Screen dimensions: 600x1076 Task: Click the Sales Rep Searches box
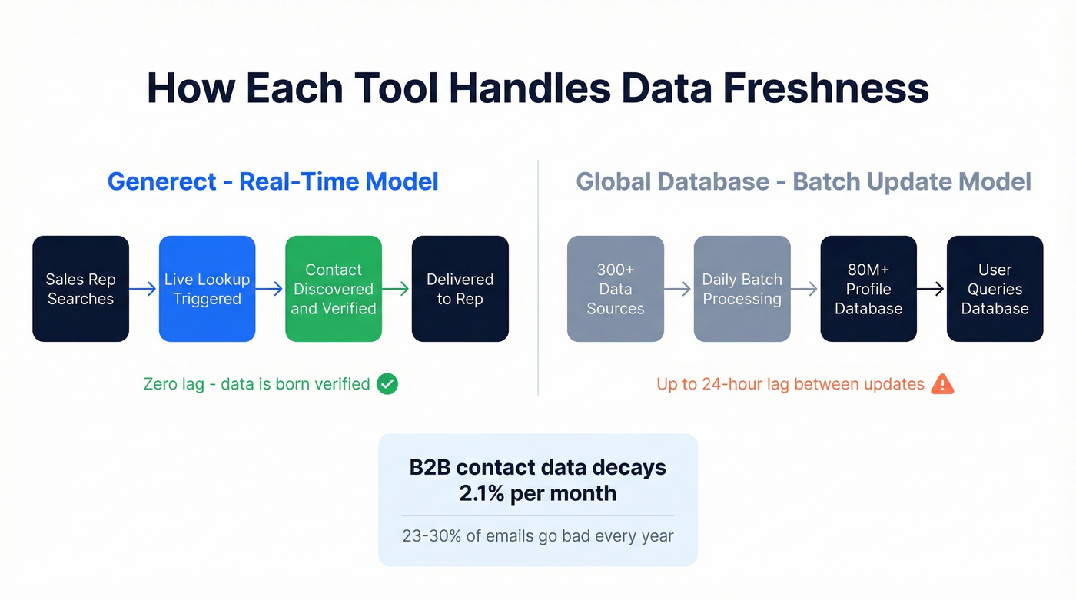(81, 289)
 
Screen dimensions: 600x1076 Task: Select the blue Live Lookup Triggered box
(207, 289)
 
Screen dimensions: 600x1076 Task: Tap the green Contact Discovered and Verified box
(334, 289)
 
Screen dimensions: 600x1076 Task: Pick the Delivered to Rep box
(460, 289)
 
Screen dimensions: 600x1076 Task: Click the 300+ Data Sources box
(615, 289)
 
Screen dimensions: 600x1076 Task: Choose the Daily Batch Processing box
(742, 289)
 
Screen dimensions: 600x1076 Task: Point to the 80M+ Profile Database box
(868, 289)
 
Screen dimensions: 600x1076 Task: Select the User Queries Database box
(995, 289)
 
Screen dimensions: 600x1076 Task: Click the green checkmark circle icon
(387, 383)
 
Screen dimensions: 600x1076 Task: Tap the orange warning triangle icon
(941, 383)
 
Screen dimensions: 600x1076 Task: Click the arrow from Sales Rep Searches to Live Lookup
(144, 289)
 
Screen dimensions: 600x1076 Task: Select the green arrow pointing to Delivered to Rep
(397, 289)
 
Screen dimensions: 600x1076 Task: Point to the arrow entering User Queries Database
(932, 289)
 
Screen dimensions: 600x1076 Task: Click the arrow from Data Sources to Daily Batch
(679, 289)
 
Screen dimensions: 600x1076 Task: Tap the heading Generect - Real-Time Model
(273, 181)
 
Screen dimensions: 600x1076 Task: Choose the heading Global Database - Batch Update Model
(803, 181)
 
